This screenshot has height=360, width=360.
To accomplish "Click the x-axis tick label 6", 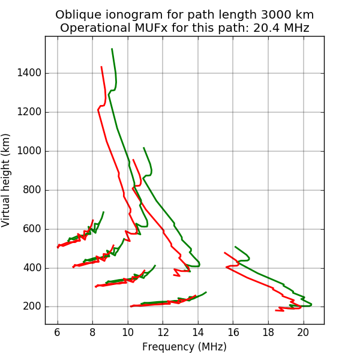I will pos(58,333).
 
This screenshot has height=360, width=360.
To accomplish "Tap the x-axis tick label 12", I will pos(163,333).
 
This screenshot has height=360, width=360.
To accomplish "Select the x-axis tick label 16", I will pos(233,333).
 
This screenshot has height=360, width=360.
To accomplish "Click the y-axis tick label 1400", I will pos(29,73).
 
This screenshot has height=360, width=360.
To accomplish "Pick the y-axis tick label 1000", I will pos(29,151).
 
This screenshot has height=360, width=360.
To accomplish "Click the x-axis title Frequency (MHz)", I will pos(184,347).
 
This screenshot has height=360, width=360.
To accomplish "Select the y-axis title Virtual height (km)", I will pos(7,180).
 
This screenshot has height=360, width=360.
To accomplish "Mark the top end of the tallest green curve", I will pos(112,49).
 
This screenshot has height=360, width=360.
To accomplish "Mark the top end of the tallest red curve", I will pos(101,67).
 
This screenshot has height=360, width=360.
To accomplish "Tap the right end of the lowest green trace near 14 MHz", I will pos(206,292).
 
